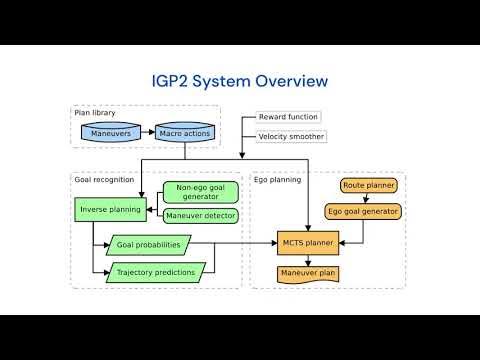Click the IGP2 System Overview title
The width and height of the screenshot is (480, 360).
(240, 80)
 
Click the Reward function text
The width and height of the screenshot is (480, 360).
(289, 117)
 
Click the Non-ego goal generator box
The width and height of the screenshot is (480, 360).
(203, 192)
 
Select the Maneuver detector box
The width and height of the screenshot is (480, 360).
(203, 215)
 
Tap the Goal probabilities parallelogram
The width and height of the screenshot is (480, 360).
(147, 243)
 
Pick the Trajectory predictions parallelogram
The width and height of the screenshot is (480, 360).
(155, 270)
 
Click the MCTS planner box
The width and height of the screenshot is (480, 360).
(307, 241)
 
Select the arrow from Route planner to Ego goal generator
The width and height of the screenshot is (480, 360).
(367, 198)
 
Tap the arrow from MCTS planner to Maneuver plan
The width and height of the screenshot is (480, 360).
(307, 256)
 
